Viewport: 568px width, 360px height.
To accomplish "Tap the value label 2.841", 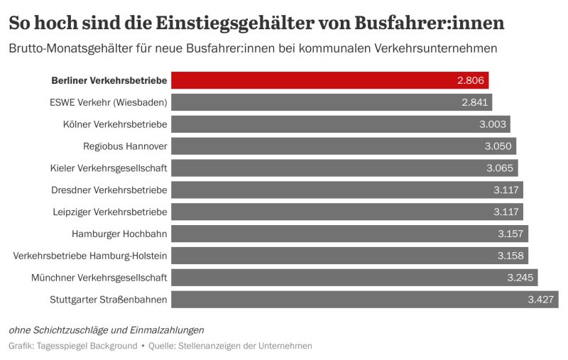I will (475, 102).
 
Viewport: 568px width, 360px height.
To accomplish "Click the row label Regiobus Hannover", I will (125, 146).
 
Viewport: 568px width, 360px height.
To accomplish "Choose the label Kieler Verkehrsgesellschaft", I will (109, 168).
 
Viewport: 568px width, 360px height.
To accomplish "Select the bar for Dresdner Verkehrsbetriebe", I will (327, 190).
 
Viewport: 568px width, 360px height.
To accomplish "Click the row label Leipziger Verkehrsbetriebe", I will (110, 212).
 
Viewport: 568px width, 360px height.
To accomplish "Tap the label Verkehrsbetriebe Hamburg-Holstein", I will (90, 256).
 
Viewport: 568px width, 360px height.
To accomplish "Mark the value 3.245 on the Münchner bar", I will (520, 278).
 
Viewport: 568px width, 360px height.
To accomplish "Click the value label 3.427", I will (541, 300).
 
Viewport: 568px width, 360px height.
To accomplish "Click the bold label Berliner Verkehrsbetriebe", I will (109, 80).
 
